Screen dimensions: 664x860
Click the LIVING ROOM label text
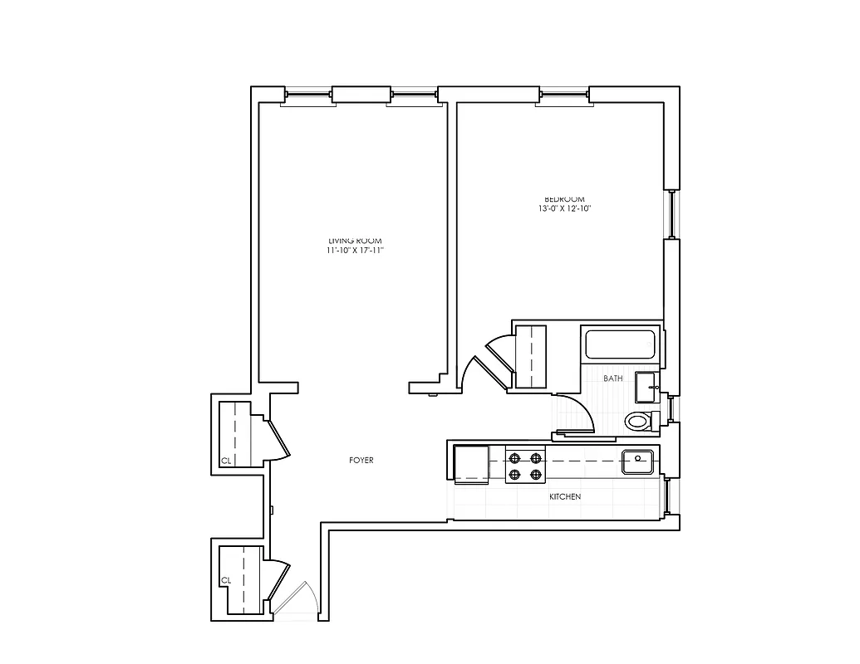(355, 240)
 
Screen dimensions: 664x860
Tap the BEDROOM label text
(564, 199)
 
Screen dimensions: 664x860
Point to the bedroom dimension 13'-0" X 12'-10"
(564, 209)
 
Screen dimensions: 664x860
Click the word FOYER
(361, 460)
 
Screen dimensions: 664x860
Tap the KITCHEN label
(565, 496)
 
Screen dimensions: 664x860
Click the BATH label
(613, 378)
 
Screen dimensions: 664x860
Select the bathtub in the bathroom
(622, 345)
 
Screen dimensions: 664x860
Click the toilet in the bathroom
(640, 421)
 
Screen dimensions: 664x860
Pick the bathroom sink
(646, 386)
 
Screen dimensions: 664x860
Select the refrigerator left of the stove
(470, 463)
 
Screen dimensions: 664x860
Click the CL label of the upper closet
(225, 461)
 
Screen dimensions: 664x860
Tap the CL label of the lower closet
(225, 580)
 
